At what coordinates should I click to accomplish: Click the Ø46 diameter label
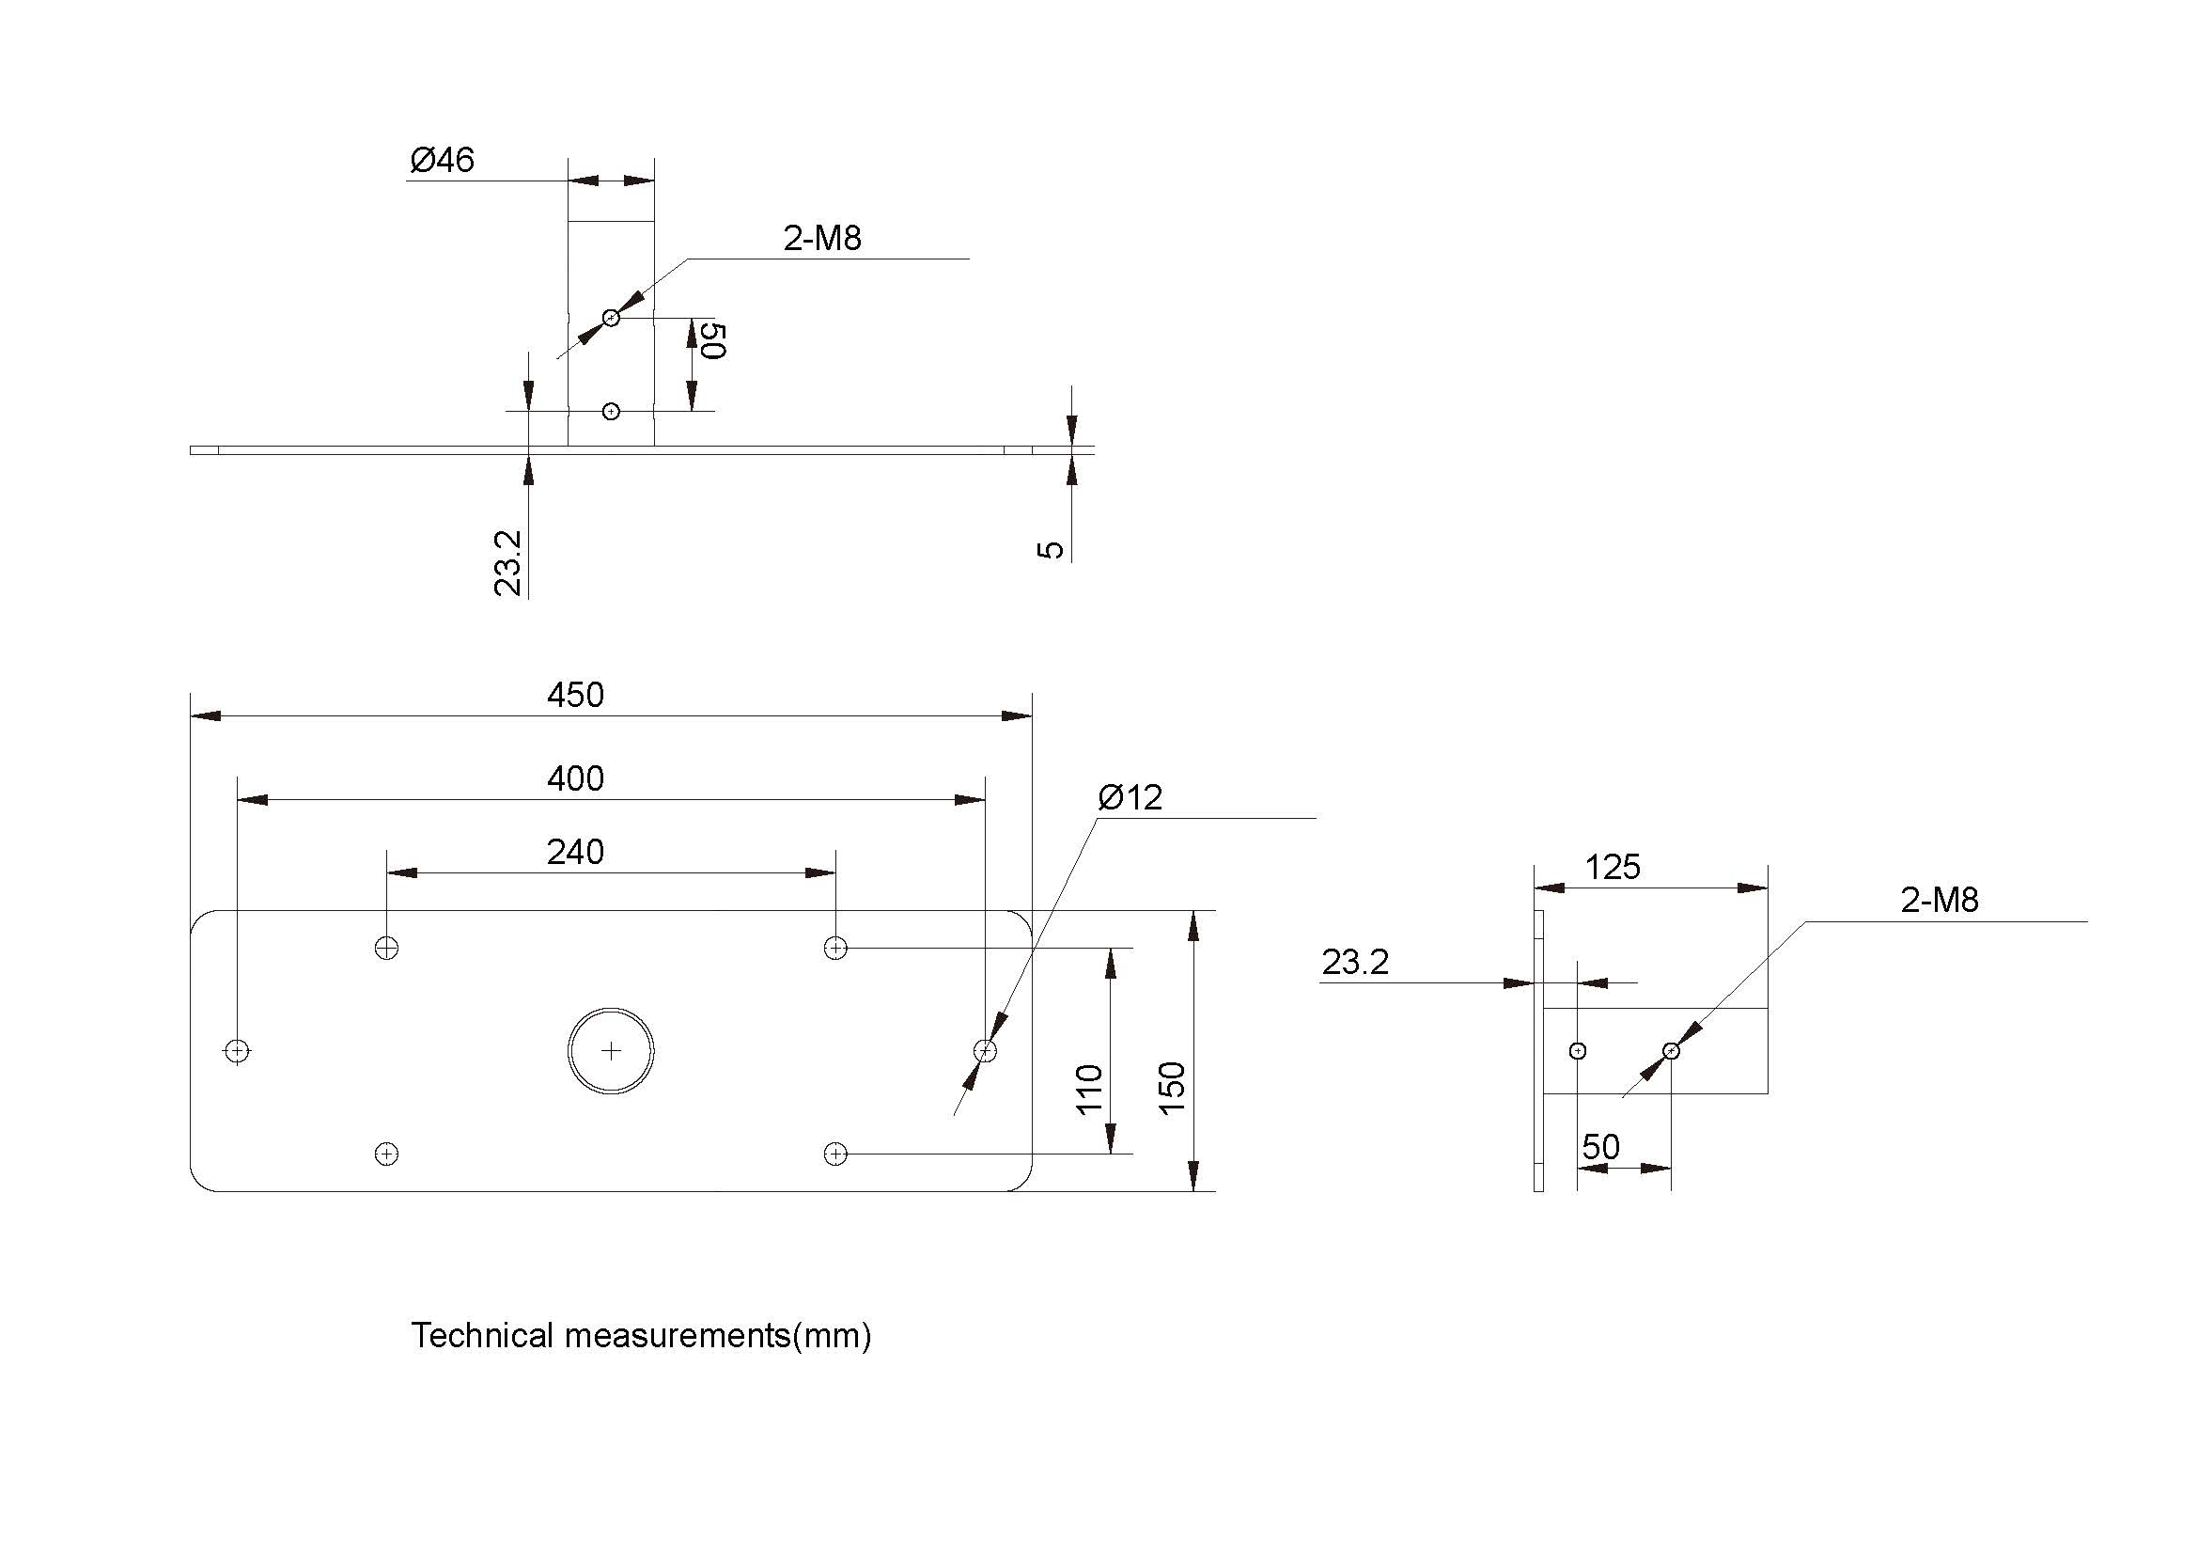442,160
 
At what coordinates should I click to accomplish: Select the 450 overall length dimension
575,694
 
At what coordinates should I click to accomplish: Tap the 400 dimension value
575,778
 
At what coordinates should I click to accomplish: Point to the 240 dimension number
575,852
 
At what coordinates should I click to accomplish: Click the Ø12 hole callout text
1130,797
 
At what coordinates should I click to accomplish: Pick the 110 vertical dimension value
1090,1089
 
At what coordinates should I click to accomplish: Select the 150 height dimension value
1173,1088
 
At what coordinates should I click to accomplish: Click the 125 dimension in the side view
1613,868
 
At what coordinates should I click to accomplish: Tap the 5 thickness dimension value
1052,550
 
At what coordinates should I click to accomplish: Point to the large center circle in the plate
611,1050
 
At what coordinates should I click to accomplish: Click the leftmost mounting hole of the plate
238,1050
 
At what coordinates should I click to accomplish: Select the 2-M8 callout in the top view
822,239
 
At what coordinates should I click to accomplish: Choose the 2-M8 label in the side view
1940,900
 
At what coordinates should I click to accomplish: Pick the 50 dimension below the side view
1600,1147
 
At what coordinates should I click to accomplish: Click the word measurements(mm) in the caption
717,1336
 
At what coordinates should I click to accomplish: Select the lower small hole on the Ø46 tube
611,412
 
